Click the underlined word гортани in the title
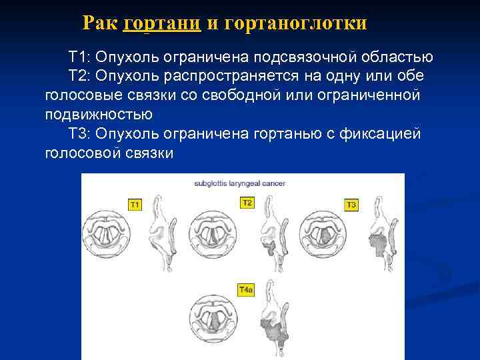[x=162, y=24]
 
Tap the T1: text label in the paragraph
[x=80, y=57]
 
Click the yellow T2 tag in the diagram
[x=247, y=203]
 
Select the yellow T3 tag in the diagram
[x=352, y=204]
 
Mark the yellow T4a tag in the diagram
[x=246, y=290]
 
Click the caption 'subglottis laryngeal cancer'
[x=240, y=183]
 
